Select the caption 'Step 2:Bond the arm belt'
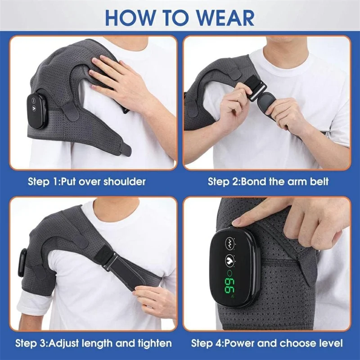click(268, 182)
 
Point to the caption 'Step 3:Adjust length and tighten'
click(94, 343)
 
